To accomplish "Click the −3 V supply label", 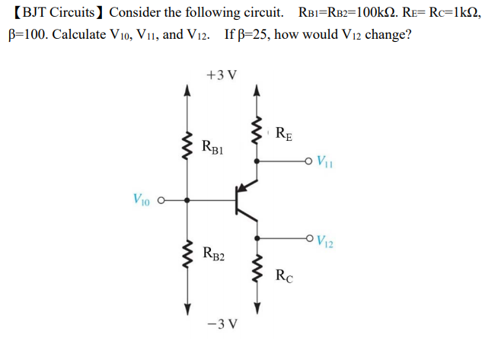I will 222,323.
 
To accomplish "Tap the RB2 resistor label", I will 213,253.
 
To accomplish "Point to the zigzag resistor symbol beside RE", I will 257,134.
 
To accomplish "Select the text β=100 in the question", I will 28,36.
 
